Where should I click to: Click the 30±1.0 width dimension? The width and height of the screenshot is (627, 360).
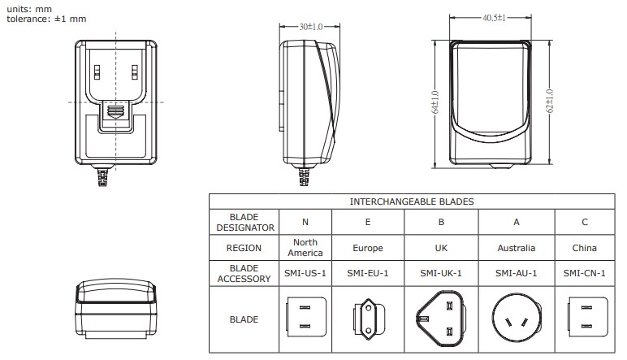[310, 26]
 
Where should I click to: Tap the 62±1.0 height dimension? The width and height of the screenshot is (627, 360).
[550, 101]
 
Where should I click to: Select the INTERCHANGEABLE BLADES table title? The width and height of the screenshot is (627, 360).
[411, 201]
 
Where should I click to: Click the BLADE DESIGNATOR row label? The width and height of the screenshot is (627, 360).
[243, 222]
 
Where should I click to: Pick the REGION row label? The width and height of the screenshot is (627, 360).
[243, 248]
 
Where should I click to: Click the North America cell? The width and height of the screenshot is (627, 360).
[305, 248]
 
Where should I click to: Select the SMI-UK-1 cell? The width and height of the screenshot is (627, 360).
[440, 273]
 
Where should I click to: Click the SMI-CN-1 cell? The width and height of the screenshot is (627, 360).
[584, 273]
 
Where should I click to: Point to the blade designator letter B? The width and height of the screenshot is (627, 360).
[440, 222]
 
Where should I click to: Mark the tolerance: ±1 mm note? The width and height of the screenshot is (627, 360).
[46, 18]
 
